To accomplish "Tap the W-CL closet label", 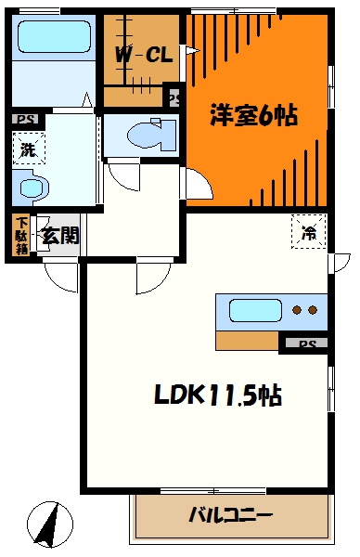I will [143, 55].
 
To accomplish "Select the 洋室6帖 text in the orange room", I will [253, 117].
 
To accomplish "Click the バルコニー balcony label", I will [231, 514].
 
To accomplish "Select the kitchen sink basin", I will [252, 310].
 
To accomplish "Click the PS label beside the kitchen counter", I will [306, 343].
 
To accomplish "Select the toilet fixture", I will [139, 133].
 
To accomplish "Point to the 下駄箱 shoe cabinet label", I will [21, 236].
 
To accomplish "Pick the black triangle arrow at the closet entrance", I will [192, 51].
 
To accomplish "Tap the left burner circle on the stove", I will [296, 310].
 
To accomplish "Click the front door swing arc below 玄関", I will [61, 276].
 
